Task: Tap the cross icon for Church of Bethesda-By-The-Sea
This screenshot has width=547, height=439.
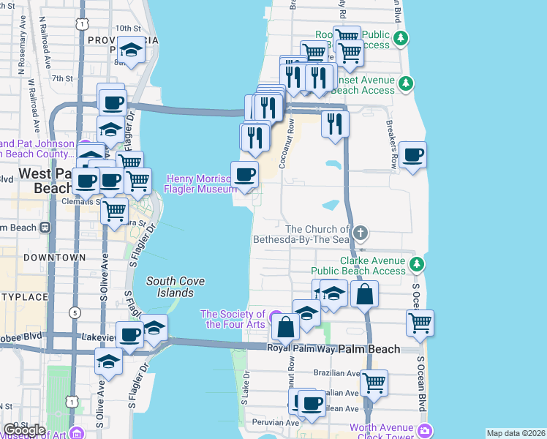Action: [x=359, y=233]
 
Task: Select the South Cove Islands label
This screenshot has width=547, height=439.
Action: [x=175, y=287]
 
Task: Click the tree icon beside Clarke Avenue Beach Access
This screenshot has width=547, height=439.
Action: [x=416, y=264]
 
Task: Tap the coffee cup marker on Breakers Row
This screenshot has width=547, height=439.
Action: [x=413, y=155]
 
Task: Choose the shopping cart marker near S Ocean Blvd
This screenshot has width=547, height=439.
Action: [x=420, y=322]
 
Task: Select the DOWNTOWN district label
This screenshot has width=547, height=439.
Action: [x=50, y=258]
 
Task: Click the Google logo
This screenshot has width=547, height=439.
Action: [x=24, y=429]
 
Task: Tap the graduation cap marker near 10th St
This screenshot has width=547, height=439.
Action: [x=132, y=50]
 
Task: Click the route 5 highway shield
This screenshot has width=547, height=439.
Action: [x=75, y=312]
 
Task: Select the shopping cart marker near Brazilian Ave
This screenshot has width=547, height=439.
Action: [x=374, y=382]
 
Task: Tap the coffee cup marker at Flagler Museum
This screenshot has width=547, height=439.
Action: [x=244, y=174]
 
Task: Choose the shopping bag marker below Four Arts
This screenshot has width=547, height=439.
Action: [x=286, y=326]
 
